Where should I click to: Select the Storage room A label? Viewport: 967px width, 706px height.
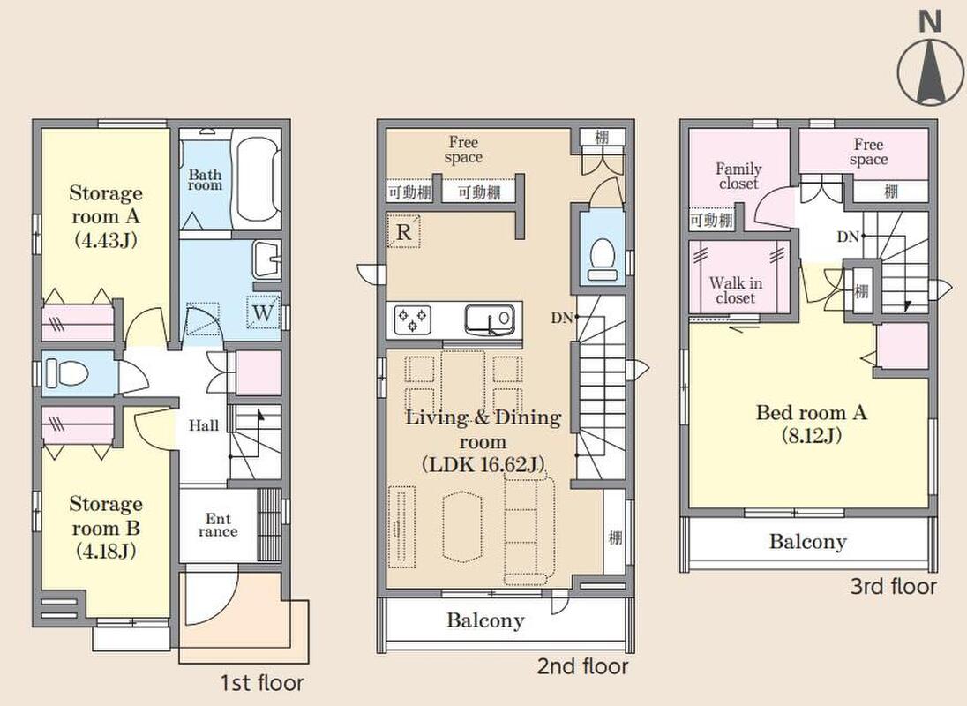click(106, 216)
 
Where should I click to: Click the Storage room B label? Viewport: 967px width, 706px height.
click(106, 527)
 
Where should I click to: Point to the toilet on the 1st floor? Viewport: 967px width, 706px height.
click(68, 373)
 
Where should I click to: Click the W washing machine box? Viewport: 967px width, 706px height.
click(263, 313)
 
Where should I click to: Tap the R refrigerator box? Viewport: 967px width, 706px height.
click(403, 231)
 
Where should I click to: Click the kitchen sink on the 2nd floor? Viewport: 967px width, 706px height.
click(490, 319)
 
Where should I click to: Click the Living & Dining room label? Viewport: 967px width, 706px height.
click(483, 440)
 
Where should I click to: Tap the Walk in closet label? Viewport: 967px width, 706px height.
click(736, 290)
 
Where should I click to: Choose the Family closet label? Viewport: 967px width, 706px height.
click(738, 176)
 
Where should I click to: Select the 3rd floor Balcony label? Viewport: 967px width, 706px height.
click(808, 541)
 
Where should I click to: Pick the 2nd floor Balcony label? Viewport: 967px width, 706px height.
click(485, 620)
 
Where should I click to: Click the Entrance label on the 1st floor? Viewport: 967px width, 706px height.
click(218, 525)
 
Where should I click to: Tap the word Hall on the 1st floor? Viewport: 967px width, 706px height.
click(204, 425)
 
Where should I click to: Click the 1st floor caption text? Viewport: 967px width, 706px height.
click(262, 683)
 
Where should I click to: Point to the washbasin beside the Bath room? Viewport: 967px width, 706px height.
click(266, 259)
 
